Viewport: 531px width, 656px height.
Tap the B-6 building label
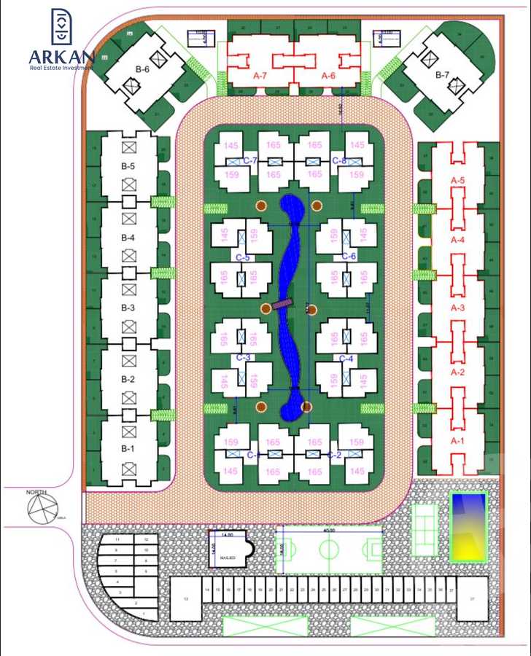(142, 69)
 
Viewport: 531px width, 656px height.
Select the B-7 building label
(442, 74)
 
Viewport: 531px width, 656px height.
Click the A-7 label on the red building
(260, 75)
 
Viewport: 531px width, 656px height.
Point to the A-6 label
(328, 75)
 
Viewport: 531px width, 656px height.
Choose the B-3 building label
(128, 308)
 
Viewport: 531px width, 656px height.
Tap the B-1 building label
(128, 448)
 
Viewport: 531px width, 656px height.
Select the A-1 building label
(457, 441)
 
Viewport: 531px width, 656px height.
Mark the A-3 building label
(457, 308)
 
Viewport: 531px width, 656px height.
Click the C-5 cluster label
(243, 257)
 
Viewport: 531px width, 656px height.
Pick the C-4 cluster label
(346, 358)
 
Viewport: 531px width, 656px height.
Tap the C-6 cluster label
(348, 256)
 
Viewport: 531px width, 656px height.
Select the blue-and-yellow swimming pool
(468, 526)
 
